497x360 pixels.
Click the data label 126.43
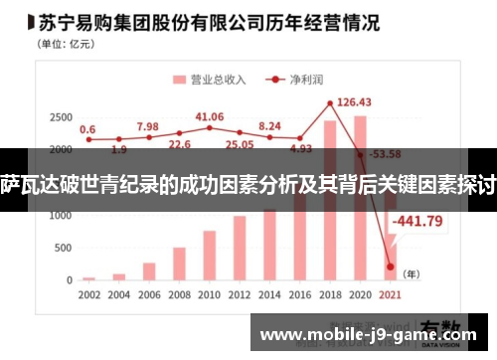[x=354, y=101]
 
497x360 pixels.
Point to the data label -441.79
[x=418, y=221]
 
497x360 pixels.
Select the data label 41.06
[x=209, y=116]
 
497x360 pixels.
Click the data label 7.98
[x=147, y=126]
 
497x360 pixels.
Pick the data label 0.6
[x=87, y=129]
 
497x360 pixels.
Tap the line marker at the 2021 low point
[x=391, y=267]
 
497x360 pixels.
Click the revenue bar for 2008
[x=179, y=264]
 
